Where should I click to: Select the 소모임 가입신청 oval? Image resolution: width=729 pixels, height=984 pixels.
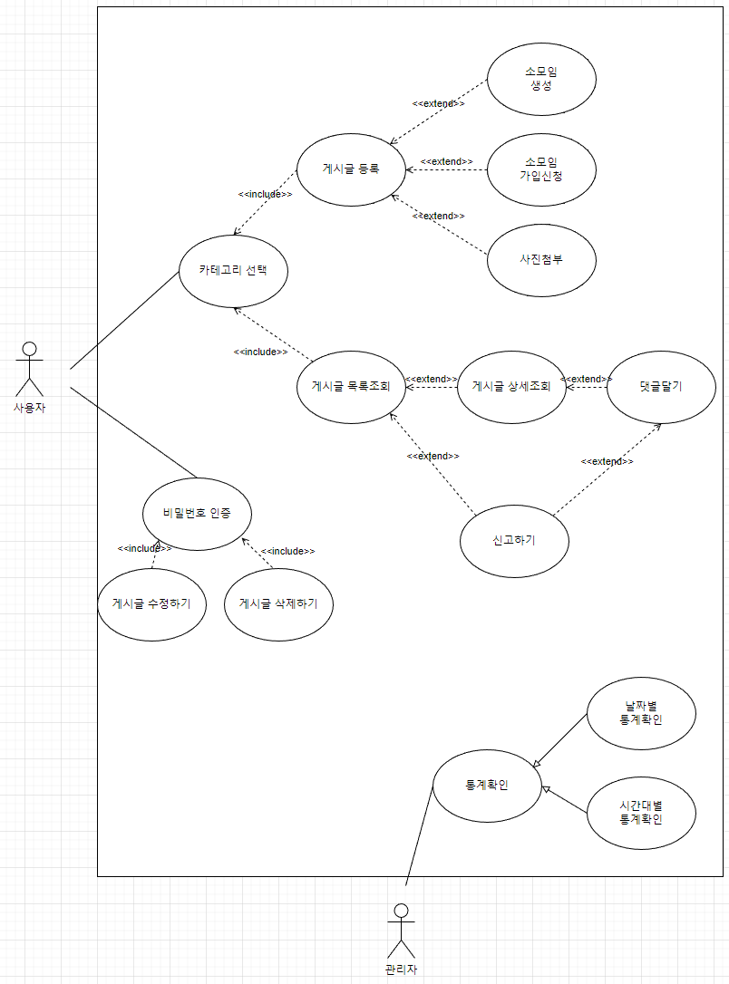coord(541,169)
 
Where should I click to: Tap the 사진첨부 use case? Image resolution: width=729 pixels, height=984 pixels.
coord(541,258)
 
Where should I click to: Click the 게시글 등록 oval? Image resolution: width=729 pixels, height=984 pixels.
coord(351,169)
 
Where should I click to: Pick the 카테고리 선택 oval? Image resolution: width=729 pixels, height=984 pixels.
coord(233,270)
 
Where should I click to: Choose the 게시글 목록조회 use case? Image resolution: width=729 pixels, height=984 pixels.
coord(351,386)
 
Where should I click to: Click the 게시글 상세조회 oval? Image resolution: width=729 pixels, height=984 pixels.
coord(511,386)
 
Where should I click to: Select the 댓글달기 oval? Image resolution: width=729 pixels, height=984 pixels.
coord(660,386)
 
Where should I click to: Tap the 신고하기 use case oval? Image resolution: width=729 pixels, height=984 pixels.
coord(514,540)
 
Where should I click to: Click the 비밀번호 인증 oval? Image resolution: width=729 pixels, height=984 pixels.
coord(197,513)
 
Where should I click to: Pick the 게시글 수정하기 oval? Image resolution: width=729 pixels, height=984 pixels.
coord(151,603)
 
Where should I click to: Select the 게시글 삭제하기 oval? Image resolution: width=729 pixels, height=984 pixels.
coord(278,603)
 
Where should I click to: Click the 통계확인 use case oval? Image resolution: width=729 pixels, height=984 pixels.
coord(487,785)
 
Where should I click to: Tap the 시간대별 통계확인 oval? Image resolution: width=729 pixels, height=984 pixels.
coord(641,812)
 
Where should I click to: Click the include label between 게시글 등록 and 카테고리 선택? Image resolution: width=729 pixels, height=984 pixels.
coord(265,194)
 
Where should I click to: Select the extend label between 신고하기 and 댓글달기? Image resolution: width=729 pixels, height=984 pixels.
coord(607,461)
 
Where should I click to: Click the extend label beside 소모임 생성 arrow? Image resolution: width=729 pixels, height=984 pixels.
coord(439,103)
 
